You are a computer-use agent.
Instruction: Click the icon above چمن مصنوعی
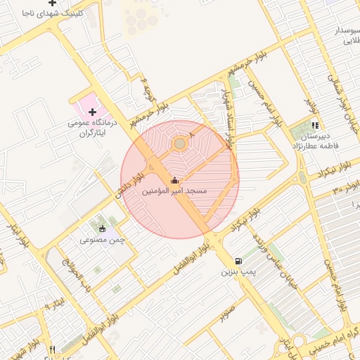(x=102, y=228)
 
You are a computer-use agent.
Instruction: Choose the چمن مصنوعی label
(x=102, y=239)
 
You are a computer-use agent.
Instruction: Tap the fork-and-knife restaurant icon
(x=52, y=349)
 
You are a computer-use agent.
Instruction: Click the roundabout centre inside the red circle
(x=179, y=143)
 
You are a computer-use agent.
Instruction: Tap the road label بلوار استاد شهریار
(x=226, y=112)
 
